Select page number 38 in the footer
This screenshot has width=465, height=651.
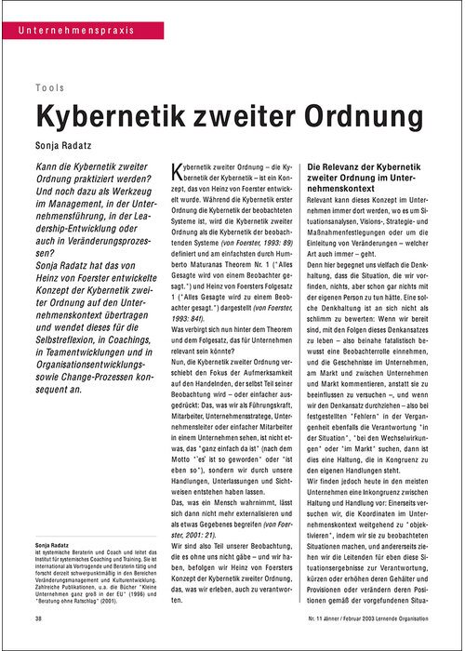(38, 618)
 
